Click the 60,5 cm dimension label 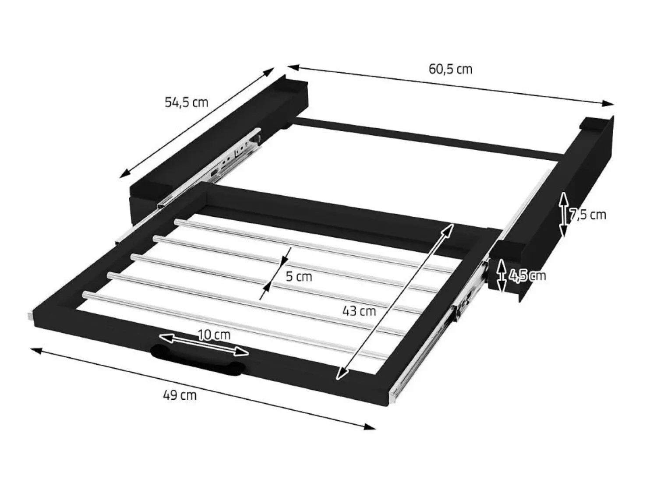pos(450,70)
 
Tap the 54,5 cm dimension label pos(187,102)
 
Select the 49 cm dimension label pos(180,395)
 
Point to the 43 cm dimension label pos(359,311)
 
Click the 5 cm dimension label pos(299,276)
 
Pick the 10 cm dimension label pos(214,335)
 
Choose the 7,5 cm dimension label pos(587,215)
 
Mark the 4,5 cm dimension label pos(527,275)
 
